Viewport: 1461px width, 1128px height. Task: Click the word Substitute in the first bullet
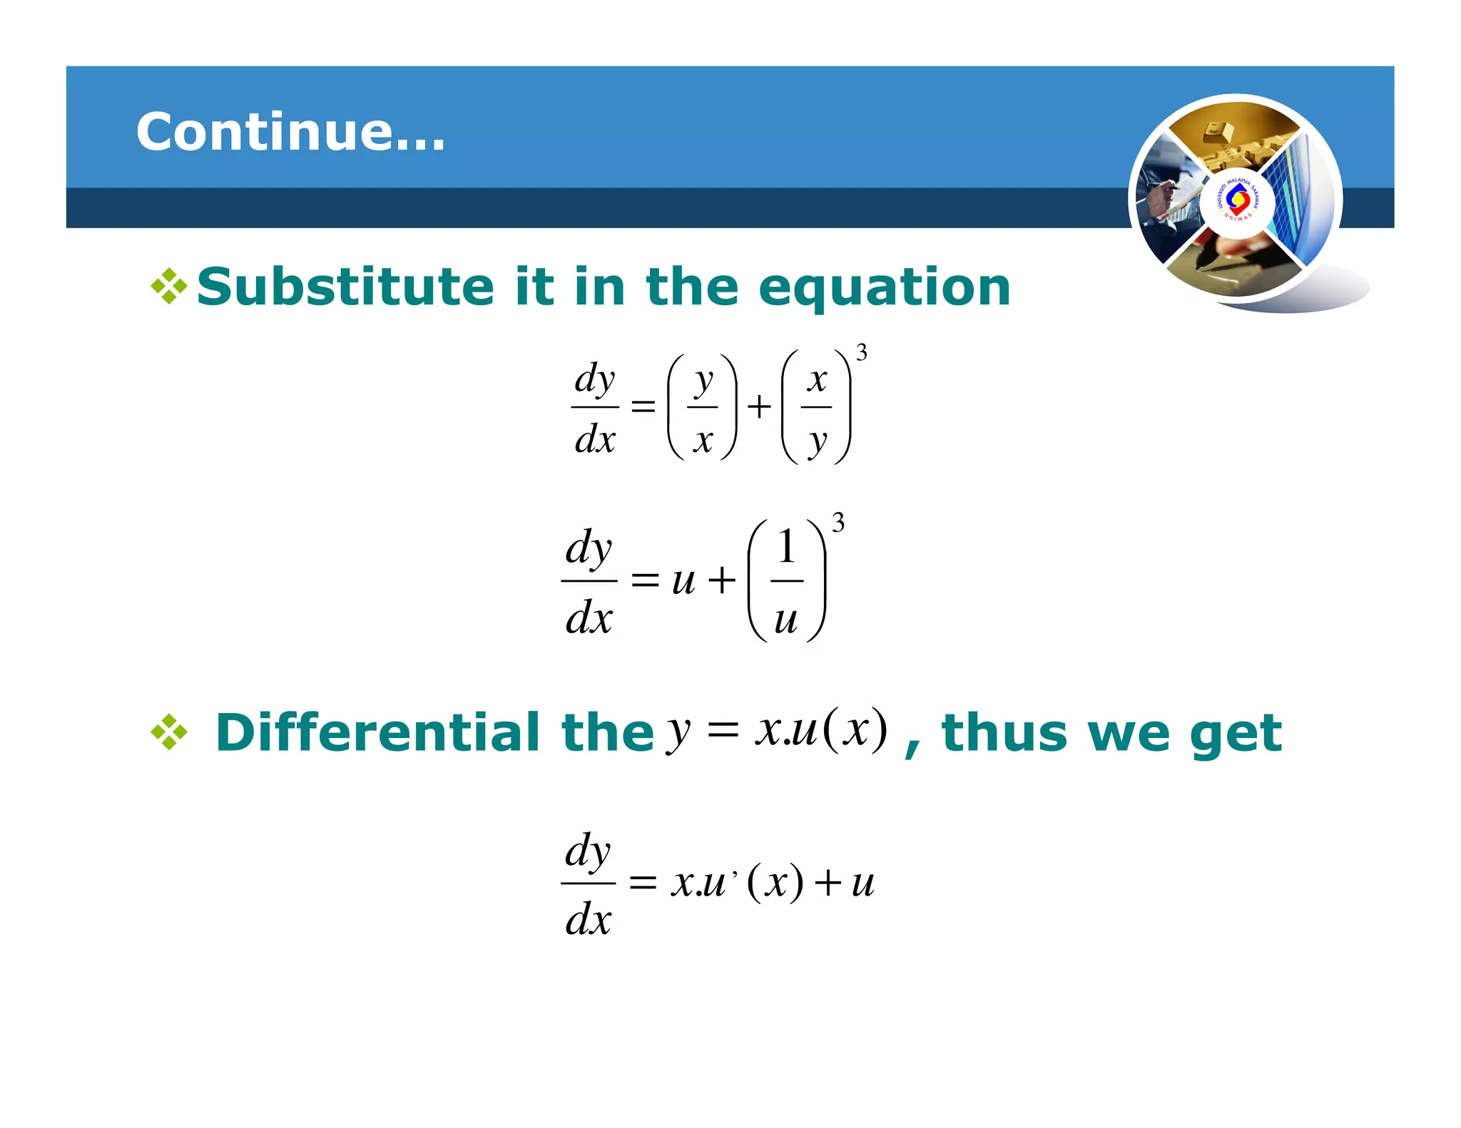[x=345, y=287]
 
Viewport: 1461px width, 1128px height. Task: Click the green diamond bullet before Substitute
[x=169, y=287]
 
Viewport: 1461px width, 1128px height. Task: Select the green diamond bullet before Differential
[x=169, y=732]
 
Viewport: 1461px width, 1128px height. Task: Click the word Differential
[x=377, y=732]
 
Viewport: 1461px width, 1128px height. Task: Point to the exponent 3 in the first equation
[x=862, y=353]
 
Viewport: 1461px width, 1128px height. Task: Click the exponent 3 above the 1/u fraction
[x=838, y=523]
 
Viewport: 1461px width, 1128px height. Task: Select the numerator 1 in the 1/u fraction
[x=786, y=547]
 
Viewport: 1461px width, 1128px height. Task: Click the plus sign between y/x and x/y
[x=759, y=407]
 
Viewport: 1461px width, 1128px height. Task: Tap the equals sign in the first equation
[x=643, y=406]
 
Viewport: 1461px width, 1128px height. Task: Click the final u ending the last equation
[x=862, y=884]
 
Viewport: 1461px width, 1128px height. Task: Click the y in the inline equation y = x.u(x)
[x=678, y=732]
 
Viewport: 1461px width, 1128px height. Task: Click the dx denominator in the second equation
[x=589, y=617]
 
